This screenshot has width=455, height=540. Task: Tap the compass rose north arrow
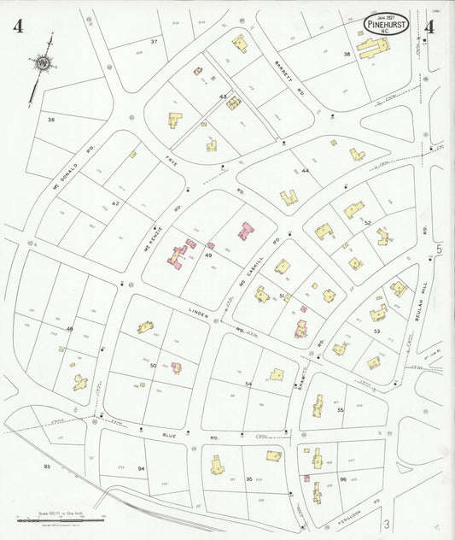point(42,65)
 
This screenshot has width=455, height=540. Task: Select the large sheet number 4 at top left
point(18,26)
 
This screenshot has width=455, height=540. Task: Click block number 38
point(347,54)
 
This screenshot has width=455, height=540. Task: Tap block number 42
point(115,203)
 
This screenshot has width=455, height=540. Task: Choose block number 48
point(70,328)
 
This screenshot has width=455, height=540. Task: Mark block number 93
point(47,467)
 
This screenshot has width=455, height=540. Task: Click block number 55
point(340,410)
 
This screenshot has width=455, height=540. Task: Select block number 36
point(51,120)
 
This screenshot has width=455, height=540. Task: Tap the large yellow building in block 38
point(373,48)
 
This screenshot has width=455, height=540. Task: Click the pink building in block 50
point(176,367)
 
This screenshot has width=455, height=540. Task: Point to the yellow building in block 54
point(276,374)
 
